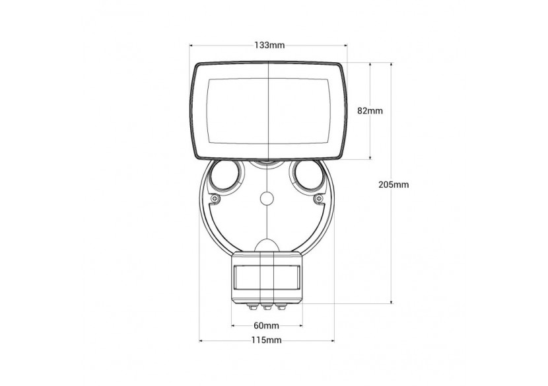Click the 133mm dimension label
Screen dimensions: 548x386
coord(269,45)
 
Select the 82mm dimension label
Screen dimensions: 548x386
coord(370,111)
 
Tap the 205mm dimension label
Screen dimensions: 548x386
coord(394,184)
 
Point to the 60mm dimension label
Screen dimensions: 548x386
coord(266,326)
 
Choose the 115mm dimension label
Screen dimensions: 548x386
coord(266,340)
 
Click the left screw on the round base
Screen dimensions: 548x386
coord(215,199)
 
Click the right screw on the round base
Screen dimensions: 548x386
coord(318,199)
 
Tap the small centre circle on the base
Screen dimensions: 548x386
coord(267,198)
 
